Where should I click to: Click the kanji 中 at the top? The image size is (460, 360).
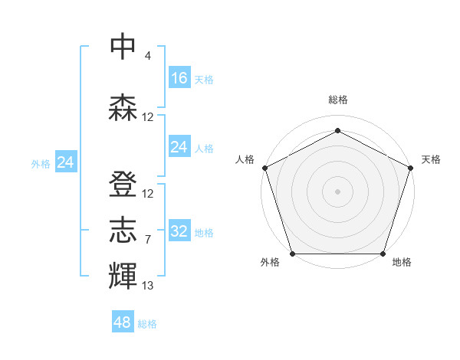click(x=123, y=46)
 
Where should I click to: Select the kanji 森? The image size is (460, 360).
click(x=123, y=107)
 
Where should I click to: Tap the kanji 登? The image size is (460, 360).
click(x=123, y=185)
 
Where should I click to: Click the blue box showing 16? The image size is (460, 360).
click(x=179, y=78)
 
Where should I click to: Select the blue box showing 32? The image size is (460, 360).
click(x=179, y=231)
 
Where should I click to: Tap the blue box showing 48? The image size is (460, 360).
click(x=123, y=322)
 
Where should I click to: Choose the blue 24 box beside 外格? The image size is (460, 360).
click(x=66, y=162)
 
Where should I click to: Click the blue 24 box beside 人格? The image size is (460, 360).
click(x=179, y=147)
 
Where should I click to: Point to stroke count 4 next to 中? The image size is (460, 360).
click(x=147, y=56)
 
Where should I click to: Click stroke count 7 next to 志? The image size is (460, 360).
click(x=147, y=240)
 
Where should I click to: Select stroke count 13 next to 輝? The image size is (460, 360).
click(x=148, y=286)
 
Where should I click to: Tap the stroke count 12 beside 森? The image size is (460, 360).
click(x=148, y=117)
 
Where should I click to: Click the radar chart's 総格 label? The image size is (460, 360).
click(x=338, y=100)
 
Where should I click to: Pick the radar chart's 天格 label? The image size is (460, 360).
click(x=431, y=159)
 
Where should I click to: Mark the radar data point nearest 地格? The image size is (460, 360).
click(x=383, y=254)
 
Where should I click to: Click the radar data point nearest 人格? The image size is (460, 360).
click(x=265, y=168)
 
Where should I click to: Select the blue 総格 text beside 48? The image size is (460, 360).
click(x=147, y=324)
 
